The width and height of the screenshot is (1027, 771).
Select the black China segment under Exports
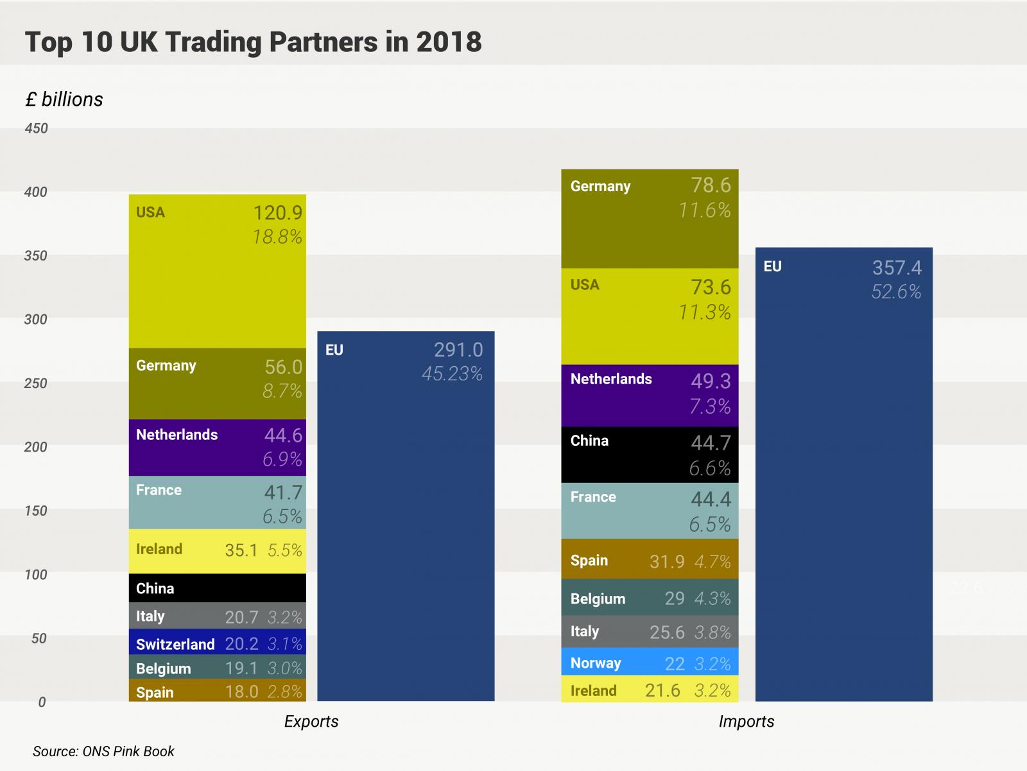(x=217, y=588)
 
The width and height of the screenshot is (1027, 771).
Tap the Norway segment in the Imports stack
(x=650, y=663)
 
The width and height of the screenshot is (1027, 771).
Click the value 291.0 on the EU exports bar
(x=458, y=350)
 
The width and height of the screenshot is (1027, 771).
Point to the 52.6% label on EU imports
(x=896, y=292)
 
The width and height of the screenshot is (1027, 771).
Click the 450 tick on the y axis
(x=37, y=128)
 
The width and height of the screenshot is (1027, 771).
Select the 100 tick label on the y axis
(x=37, y=575)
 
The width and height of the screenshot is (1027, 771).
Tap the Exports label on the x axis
(x=311, y=722)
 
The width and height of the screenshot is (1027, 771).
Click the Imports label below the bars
(x=747, y=722)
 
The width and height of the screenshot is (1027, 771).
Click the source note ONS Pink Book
(x=104, y=751)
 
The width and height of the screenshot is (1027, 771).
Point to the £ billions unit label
(x=64, y=99)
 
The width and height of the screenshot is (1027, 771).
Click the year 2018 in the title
(x=449, y=42)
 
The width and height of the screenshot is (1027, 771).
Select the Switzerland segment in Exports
(x=217, y=643)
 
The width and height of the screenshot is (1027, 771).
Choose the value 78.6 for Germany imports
(x=711, y=185)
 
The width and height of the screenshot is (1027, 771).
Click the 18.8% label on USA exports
(x=277, y=237)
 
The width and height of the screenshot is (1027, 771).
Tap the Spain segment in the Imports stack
(x=650, y=560)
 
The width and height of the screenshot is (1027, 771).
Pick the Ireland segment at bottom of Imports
(x=650, y=690)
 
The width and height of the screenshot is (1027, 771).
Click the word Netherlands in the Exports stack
(x=177, y=435)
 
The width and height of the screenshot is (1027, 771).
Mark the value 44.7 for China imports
(x=711, y=443)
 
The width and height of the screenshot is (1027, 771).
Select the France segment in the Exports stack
(x=217, y=503)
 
